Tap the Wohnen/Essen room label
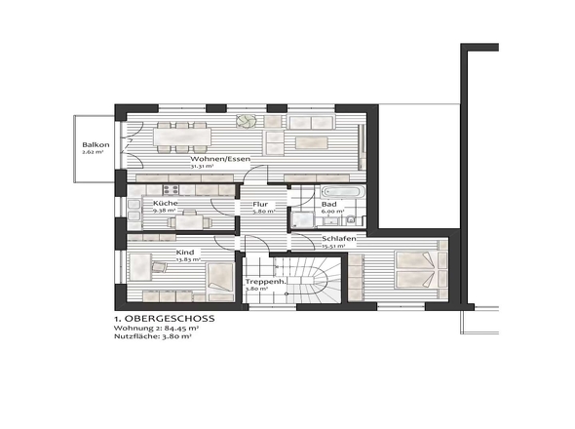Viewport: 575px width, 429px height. (220, 158)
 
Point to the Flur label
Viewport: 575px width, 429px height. (260, 204)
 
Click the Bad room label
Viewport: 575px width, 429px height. (329, 204)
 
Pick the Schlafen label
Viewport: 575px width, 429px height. (338, 239)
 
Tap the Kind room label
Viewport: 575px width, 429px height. (184, 253)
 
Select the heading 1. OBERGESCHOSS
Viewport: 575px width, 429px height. (164, 319)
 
